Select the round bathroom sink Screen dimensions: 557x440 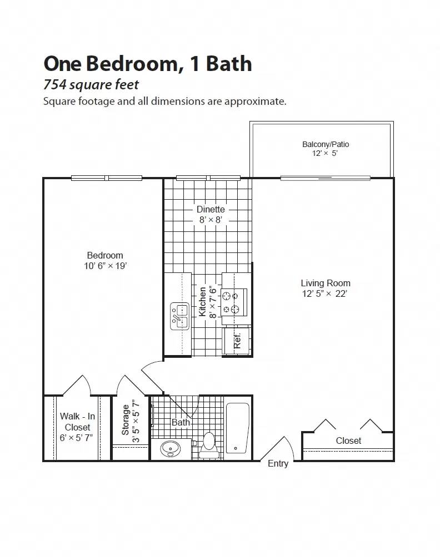pos(170,448)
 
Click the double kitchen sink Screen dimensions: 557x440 pos(179,316)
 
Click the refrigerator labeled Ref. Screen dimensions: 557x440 pos(237,341)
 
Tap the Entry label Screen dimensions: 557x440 pos(278,463)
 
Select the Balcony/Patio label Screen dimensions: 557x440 pos(326,144)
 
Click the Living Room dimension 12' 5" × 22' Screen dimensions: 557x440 pos(324,293)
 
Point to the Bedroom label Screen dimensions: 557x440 pos(104,255)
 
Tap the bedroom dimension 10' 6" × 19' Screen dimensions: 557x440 pos(105,266)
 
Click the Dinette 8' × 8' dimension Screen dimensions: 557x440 pos(211,220)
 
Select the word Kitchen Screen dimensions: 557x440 pos(203,301)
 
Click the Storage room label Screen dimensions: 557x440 pos(126,419)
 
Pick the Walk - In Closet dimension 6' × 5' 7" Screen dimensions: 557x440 pos(77,438)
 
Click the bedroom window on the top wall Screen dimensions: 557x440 pos(107,178)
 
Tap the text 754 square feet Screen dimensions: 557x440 pos(91,85)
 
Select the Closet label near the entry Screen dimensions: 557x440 pos(348,440)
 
